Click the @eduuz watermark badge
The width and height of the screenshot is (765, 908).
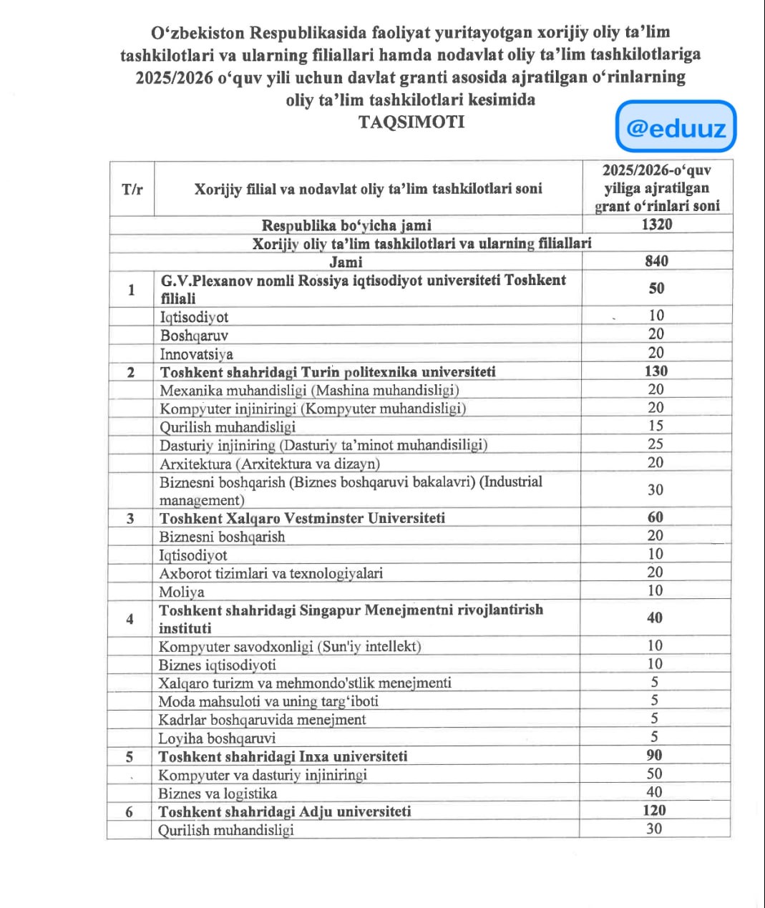[676, 127]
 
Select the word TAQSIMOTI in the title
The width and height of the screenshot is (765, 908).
[411, 122]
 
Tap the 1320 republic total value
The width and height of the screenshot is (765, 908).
[657, 225]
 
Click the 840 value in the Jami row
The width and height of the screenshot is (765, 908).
[656, 261]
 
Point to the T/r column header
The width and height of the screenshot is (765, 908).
[132, 190]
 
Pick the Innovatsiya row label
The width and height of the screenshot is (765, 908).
[196, 354]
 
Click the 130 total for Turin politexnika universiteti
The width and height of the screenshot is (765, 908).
[656, 371]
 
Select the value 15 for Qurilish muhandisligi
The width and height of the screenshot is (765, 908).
[656, 426]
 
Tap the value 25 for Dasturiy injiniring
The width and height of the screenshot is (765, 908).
[656, 444]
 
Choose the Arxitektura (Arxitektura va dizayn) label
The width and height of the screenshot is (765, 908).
[270, 464]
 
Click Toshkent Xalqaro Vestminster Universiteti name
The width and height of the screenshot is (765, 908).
[302, 518]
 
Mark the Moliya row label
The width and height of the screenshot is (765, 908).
[182, 592]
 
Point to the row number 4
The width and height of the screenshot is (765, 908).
[130, 619]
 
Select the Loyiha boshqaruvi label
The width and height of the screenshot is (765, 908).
[217, 738]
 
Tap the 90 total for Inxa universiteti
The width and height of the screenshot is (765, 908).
[654, 756]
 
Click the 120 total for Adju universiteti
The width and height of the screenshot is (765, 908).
[654, 811]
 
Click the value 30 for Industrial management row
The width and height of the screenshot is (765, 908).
[656, 490]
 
